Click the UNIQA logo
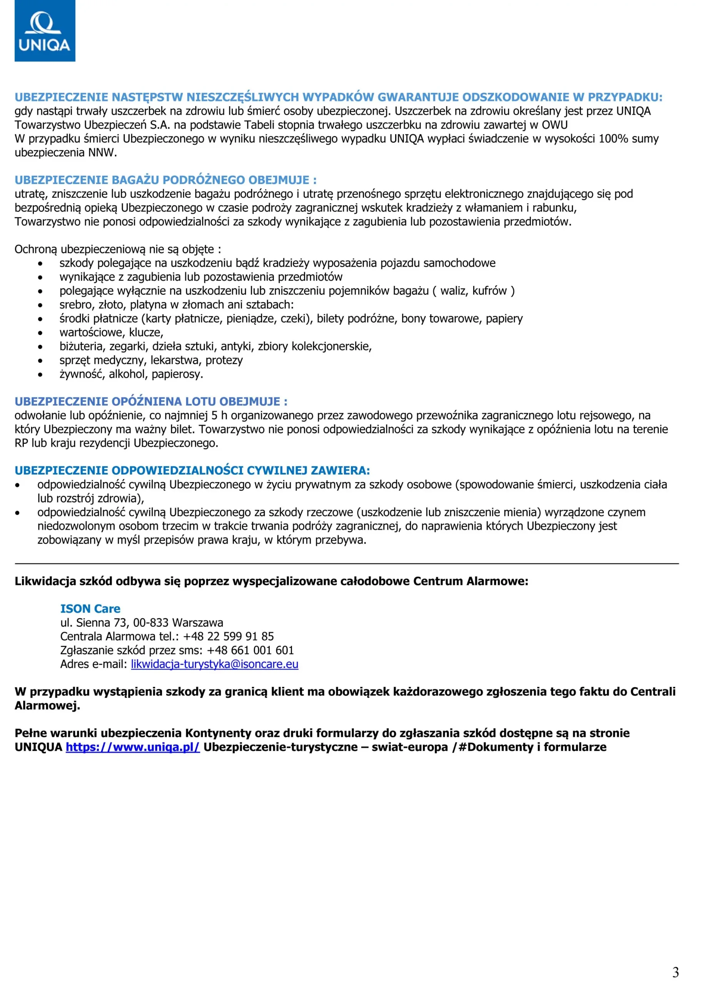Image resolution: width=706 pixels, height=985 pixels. click(45, 31)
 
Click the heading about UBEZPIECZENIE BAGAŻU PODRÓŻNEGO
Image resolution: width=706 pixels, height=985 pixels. click(165, 180)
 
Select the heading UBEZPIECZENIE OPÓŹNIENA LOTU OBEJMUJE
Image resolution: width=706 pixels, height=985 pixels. click(151, 401)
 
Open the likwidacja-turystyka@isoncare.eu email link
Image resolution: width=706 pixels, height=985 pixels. click(214, 664)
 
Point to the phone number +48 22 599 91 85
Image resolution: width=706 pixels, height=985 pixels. click(229, 636)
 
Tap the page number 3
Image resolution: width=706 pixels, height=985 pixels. click(675, 972)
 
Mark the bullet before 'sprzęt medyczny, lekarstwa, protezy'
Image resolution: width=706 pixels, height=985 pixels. click(40, 361)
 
